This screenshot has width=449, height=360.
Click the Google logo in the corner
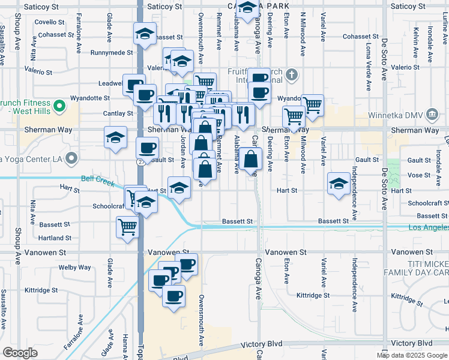pos(20,353)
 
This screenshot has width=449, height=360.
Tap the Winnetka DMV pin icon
pos(432,115)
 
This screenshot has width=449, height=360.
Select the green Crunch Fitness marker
pos(59,107)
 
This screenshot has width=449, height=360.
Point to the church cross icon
pos(292,75)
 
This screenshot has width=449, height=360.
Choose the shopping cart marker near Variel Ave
pos(313,106)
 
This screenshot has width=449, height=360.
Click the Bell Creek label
pos(97,178)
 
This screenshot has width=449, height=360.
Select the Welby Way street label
pos(74,268)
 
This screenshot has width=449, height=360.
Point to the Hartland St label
pos(55,238)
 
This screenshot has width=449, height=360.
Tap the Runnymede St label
pos(111,53)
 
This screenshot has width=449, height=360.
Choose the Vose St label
pos(418,175)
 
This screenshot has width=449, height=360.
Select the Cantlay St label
pos(118,113)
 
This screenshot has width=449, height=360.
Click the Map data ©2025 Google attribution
pos(412,355)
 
